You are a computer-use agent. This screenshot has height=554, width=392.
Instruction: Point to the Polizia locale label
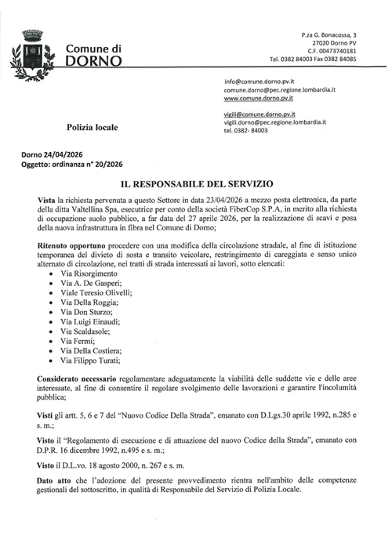coord(93,125)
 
